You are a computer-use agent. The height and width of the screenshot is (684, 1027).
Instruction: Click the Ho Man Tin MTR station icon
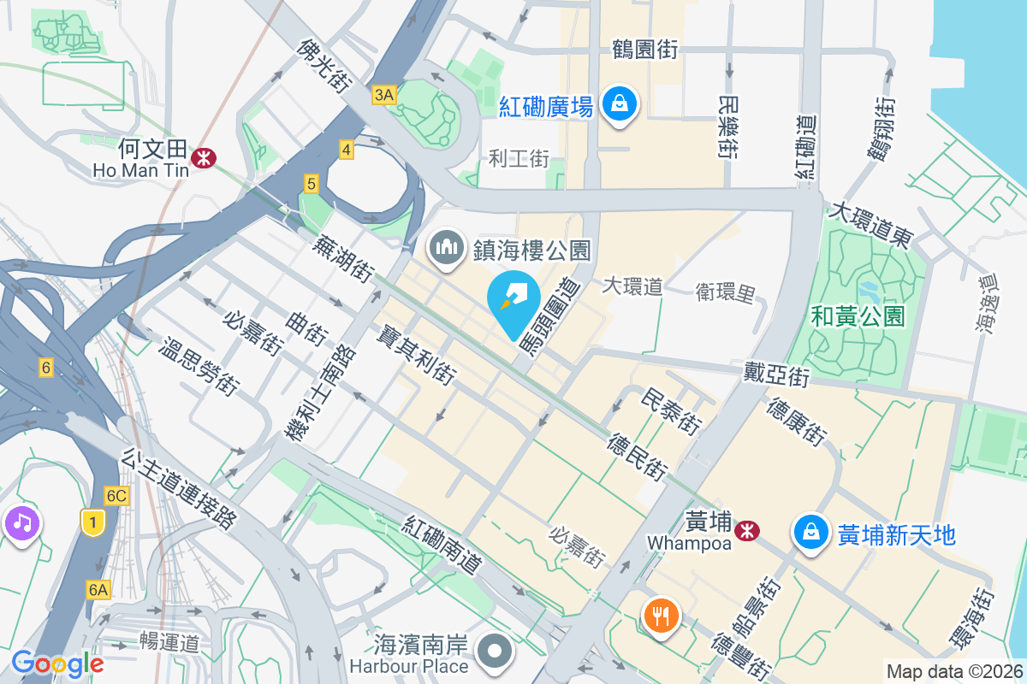(x=204, y=157)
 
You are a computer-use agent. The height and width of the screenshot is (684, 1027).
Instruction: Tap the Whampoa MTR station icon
(x=749, y=530)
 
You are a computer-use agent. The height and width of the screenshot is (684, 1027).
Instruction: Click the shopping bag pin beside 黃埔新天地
(x=809, y=533)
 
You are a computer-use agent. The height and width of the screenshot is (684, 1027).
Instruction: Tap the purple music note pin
(x=21, y=521)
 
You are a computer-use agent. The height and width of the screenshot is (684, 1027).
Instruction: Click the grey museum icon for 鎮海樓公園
(x=447, y=249)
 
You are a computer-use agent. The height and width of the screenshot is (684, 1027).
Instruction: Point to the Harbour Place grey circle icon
(x=495, y=654)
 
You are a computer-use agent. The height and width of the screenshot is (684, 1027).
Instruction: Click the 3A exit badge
(x=383, y=96)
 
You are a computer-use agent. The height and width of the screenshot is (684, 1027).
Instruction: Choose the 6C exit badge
(x=116, y=496)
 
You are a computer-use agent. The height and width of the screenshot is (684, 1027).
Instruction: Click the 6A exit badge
(x=98, y=589)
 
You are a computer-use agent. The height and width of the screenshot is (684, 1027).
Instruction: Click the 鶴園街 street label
(x=644, y=50)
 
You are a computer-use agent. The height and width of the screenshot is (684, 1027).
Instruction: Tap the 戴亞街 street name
(x=776, y=374)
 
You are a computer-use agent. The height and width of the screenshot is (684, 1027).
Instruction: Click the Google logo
(x=57, y=663)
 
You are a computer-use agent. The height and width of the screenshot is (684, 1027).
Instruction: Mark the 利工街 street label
(x=519, y=158)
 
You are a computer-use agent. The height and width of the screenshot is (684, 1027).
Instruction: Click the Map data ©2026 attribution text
(x=953, y=671)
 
